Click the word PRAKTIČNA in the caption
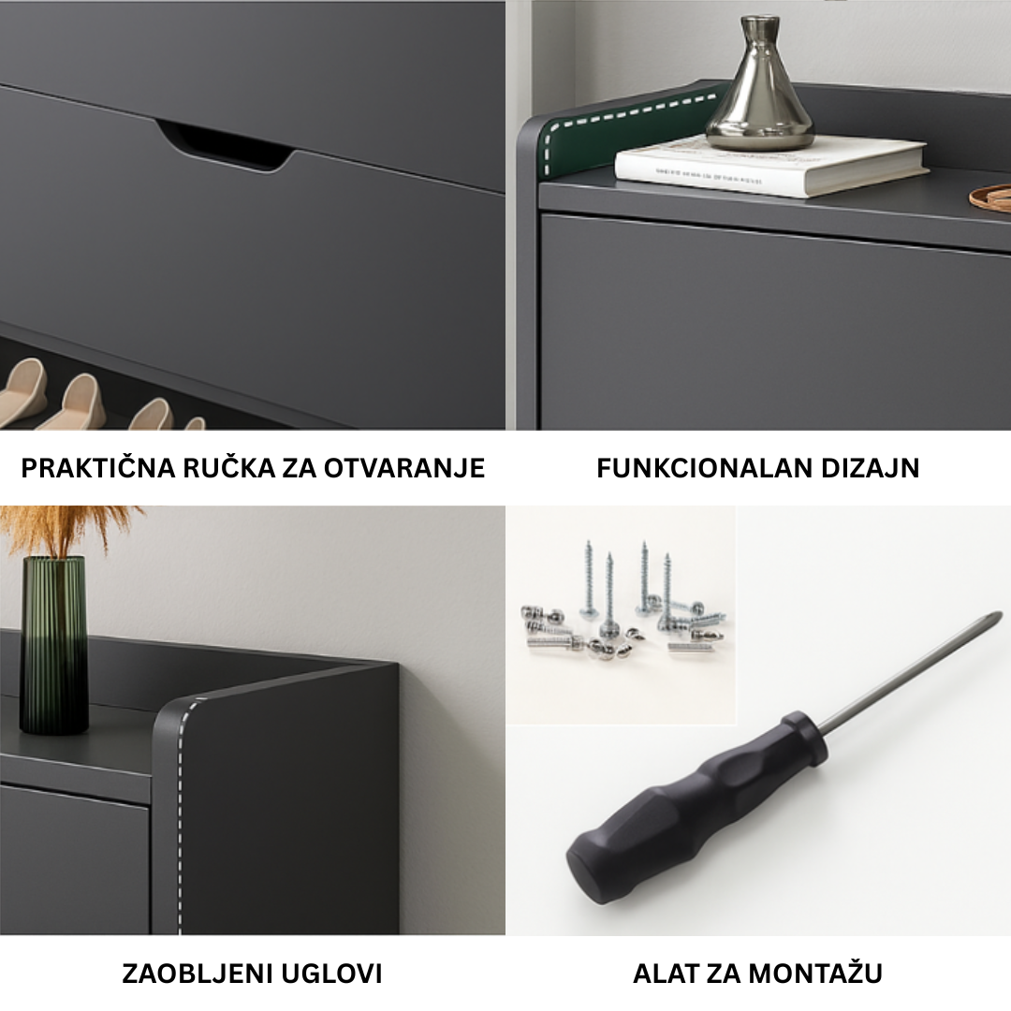(98, 468)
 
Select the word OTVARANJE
(404, 468)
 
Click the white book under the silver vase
(771, 167)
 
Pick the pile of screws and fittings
(624, 606)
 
